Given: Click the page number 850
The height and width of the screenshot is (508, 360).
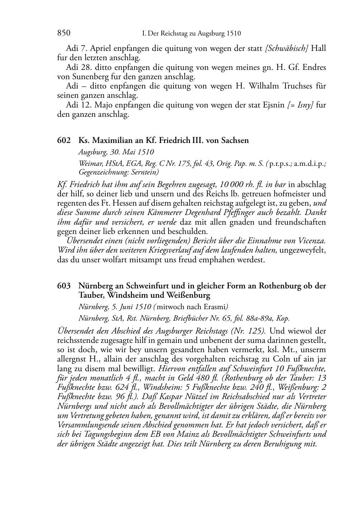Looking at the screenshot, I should click(x=64, y=33).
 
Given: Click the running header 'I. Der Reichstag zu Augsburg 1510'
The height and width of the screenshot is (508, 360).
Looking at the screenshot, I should click(x=191, y=34).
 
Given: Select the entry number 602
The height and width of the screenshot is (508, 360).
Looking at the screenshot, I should click(x=63, y=140).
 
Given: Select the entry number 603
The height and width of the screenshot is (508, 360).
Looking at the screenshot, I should click(x=63, y=286).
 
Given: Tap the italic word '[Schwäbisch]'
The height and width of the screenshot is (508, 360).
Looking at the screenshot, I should click(x=286, y=48).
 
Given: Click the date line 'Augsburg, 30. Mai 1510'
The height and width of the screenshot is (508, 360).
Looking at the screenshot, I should click(x=116, y=152).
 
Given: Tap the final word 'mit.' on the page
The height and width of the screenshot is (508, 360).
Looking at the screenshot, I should click(x=311, y=444).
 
